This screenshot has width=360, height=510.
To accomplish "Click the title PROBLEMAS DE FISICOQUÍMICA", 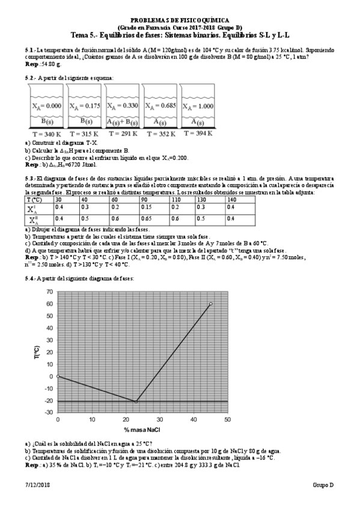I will (x=180, y=20).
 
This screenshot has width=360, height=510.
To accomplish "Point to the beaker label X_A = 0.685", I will (x=159, y=106).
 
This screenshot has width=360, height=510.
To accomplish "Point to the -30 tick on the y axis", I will (x=49, y=413).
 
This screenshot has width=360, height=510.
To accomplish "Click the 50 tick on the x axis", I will (x=227, y=419).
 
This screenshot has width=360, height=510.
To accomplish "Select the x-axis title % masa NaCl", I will (x=142, y=429).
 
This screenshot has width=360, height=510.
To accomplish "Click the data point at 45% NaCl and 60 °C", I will (x=210, y=304).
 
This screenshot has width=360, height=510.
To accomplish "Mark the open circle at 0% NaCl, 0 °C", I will (x=58, y=376).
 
